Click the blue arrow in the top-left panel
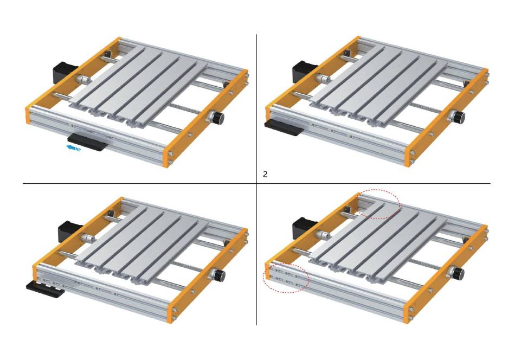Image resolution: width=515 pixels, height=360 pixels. tap(74, 148)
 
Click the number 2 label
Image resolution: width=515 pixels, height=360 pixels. tap(265, 175)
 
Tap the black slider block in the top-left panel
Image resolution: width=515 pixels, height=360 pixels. tap(88, 142)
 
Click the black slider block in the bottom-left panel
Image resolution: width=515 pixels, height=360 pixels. tap(46, 290)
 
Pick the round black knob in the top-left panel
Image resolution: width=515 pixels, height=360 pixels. tap(217, 118)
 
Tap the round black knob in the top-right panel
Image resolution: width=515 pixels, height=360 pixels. tap(458, 116)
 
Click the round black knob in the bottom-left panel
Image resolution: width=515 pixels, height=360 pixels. tap(218, 275)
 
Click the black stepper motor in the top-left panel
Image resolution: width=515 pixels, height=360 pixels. tap(64, 73)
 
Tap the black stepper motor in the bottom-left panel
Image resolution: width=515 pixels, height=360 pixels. tap(69, 232)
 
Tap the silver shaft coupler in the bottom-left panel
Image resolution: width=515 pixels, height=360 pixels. tap(87, 238)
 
